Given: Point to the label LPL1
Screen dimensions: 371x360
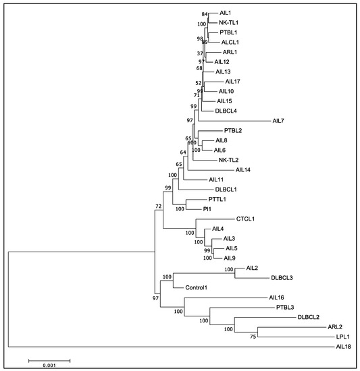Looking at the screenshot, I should tap(344, 335).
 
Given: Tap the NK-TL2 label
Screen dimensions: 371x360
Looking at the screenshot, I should tap(230, 160).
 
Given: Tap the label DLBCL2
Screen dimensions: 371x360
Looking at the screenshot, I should tap(308, 316).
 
